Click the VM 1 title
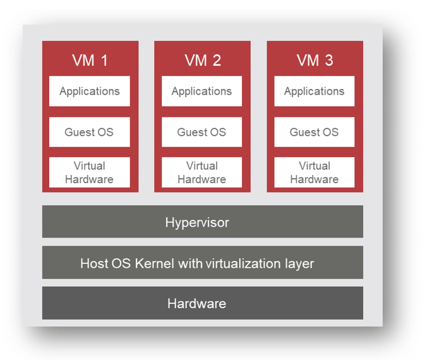90,61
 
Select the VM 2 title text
202,61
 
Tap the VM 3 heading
314,61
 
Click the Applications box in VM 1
90,92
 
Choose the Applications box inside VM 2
202,92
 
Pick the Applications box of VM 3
314,92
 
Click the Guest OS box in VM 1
90,132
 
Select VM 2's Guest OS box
202,132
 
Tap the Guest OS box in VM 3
314,132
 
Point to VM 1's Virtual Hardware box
90,172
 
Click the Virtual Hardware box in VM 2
202,172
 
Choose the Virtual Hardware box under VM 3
314,172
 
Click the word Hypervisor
197,222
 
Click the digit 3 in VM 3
328,61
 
